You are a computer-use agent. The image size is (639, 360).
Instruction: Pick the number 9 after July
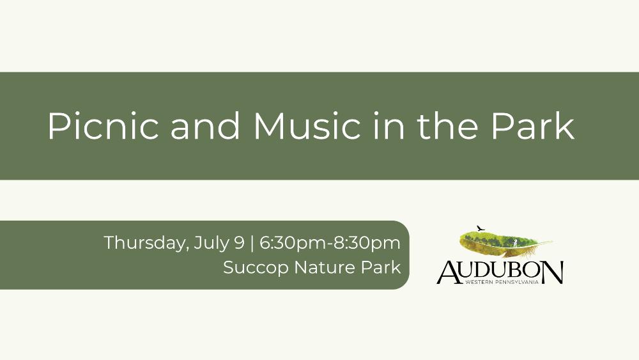[x=240, y=242]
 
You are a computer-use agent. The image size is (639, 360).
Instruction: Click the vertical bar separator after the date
[x=252, y=243]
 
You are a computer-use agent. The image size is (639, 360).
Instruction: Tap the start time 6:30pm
[x=293, y=244]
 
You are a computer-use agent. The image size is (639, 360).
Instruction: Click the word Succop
[x=256, y=269]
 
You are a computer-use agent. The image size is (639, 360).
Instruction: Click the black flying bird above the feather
[x=481, y=228]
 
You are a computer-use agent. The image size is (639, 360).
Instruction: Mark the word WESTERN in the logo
[x=479, y=282]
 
